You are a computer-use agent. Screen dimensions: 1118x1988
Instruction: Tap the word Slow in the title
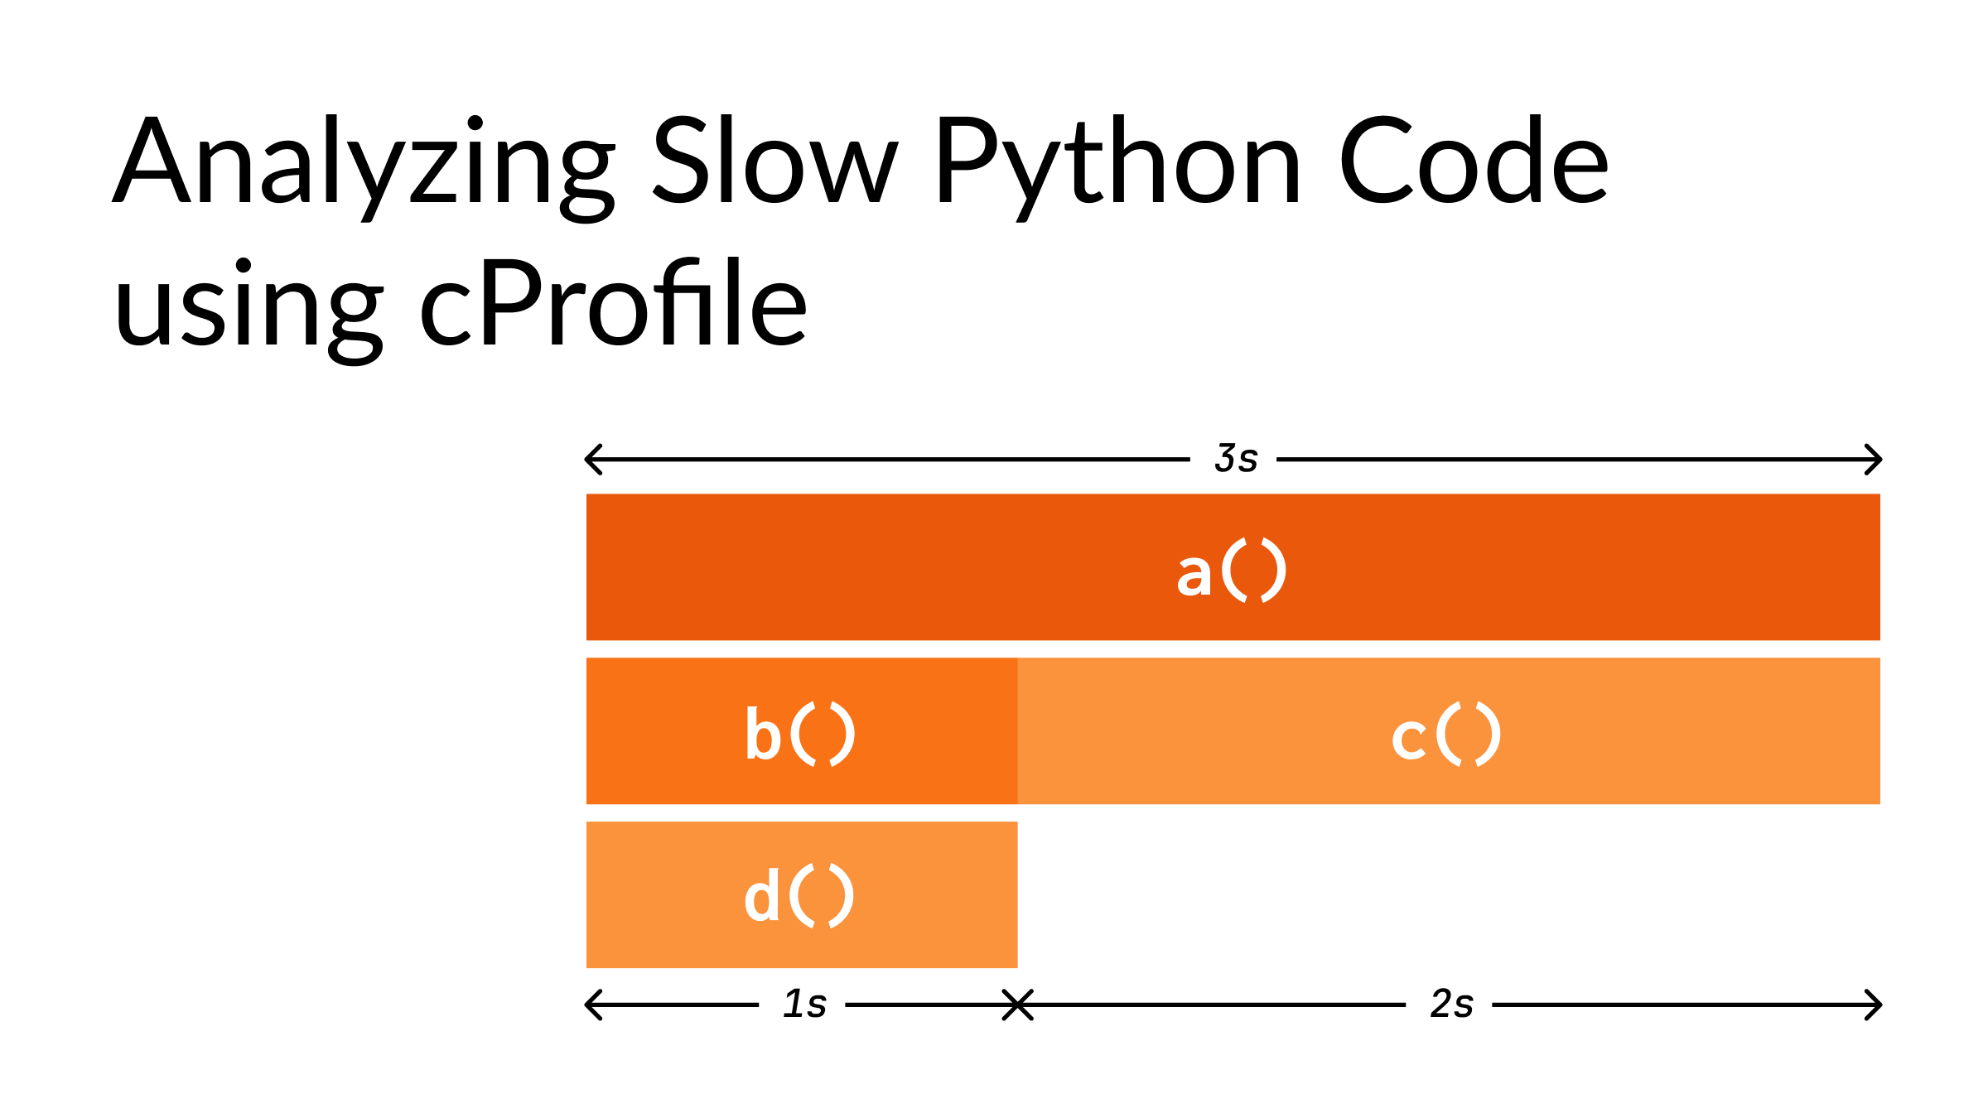774,161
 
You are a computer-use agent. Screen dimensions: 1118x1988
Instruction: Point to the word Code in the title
1474,161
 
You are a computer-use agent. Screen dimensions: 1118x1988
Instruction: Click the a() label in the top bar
1232,571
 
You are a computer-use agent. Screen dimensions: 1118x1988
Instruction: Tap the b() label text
800,735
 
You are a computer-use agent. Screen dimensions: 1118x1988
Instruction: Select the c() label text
1446,735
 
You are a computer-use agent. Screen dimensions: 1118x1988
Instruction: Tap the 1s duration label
804,1005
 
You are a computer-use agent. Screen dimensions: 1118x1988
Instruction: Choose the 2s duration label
1451,1005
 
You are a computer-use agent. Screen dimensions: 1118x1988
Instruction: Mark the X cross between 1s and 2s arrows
1017,1005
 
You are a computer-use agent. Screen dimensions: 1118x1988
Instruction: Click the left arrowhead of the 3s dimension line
591,459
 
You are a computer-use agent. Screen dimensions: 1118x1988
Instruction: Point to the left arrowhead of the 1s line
591,1005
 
